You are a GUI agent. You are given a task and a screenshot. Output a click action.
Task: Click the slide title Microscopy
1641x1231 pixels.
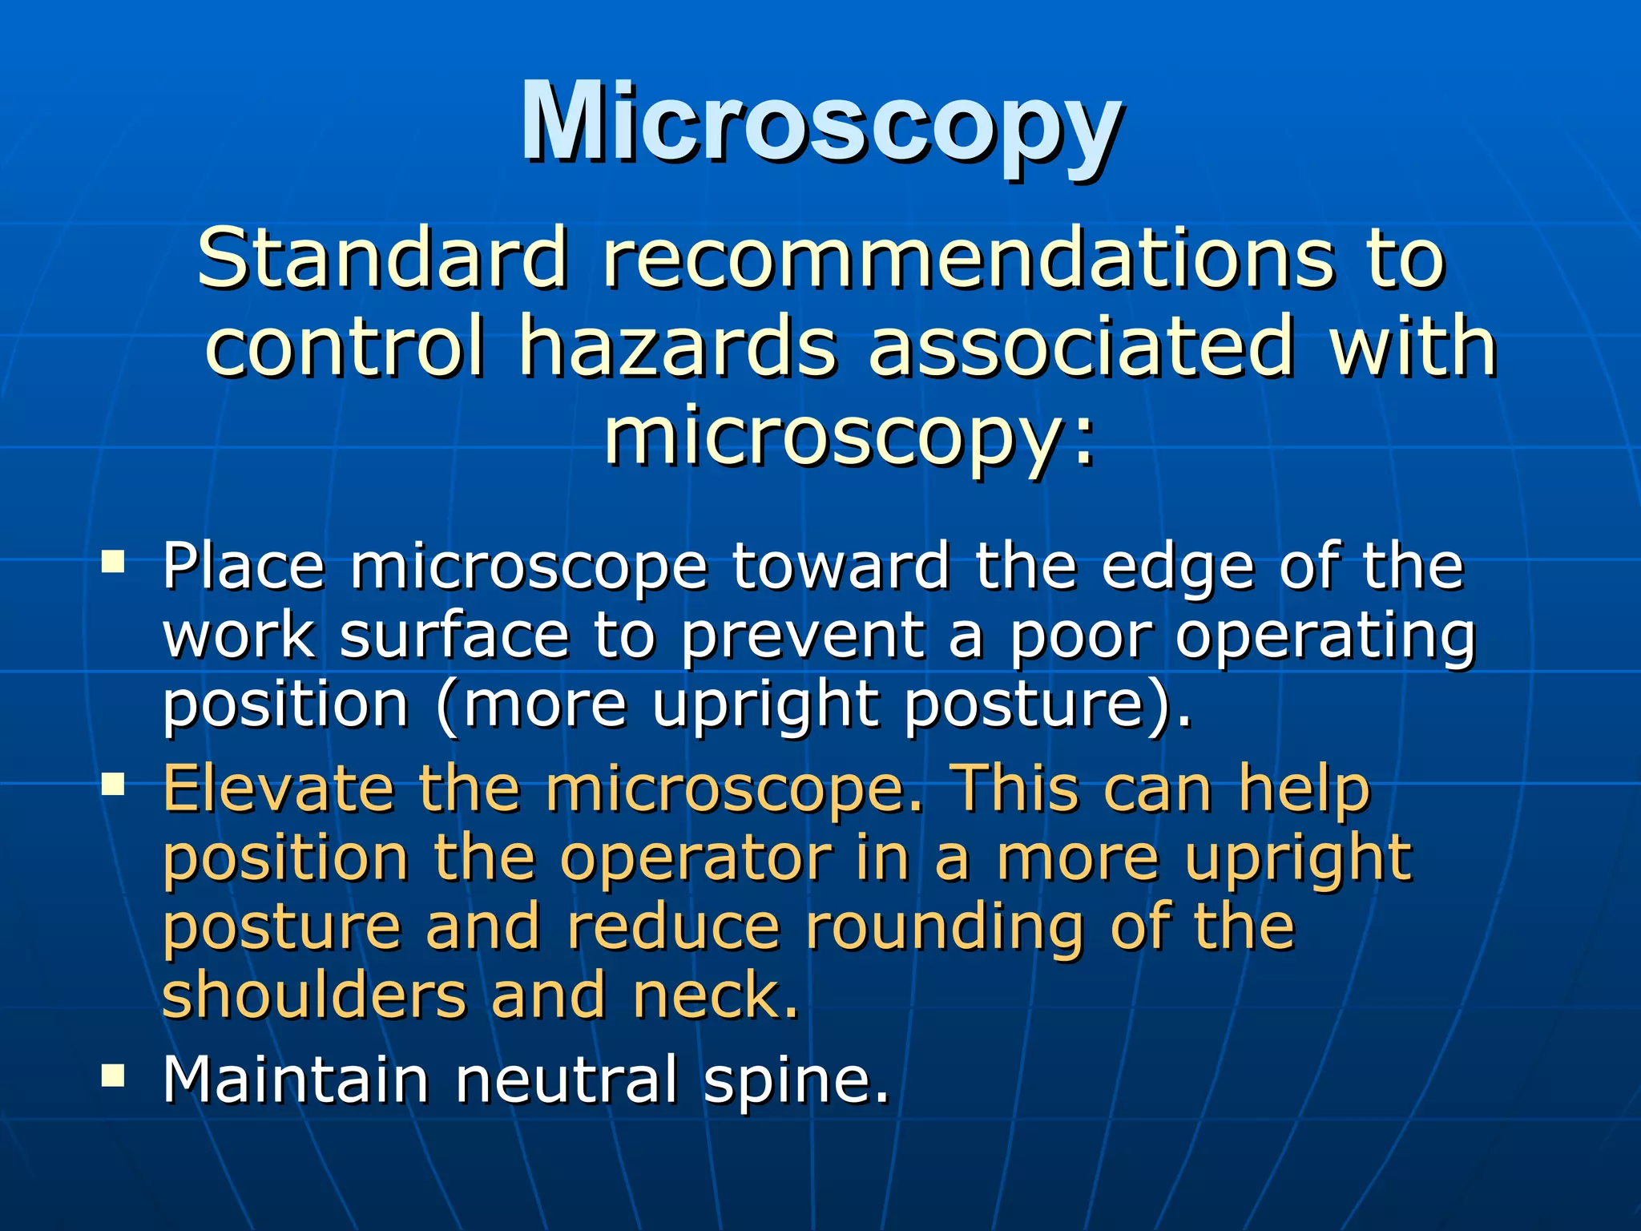point(820,124)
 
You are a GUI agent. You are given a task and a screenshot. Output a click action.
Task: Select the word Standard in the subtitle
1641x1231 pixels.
point(383,258)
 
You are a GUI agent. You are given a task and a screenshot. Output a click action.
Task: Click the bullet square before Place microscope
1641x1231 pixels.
point(113,560)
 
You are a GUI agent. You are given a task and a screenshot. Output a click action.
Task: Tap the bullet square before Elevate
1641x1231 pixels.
point(113,783)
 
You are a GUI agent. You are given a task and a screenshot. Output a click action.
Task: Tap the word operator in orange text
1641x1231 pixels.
point(696,859)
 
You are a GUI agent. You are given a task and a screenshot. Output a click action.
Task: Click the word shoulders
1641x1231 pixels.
point(313,996)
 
